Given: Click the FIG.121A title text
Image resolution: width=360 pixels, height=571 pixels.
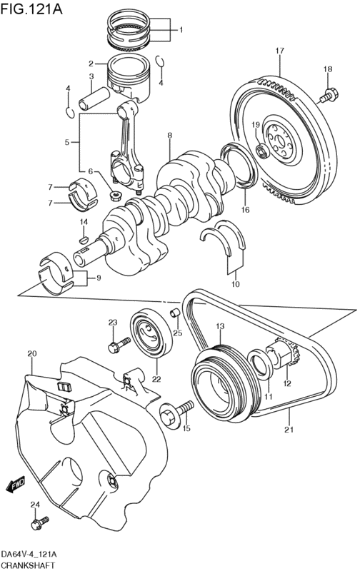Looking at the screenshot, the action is point(31,9).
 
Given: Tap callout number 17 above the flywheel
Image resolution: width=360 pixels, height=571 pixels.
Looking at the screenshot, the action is point(279,51).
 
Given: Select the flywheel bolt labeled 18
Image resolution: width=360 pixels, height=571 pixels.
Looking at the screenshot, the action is point(329,95).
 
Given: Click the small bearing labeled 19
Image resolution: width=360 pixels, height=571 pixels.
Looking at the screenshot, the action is point(262,151).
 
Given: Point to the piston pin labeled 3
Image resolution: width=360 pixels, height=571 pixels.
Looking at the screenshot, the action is point(94,98).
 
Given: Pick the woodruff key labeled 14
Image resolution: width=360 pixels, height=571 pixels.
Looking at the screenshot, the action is point(84,240).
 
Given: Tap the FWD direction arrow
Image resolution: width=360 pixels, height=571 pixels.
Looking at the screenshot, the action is point(15,485).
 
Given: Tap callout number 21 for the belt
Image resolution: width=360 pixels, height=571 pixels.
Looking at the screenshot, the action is point(289,430).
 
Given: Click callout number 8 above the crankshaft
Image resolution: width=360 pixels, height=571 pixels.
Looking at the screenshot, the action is point(170,136).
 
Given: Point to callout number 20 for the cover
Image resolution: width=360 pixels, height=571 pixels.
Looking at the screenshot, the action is point(32,353).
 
